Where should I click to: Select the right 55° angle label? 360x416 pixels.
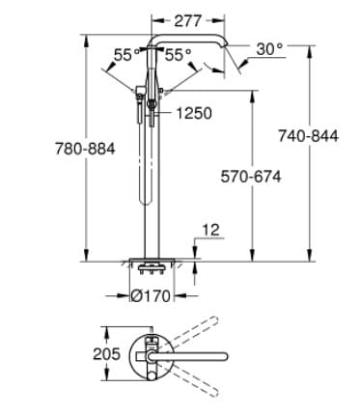click(x=179, y=55)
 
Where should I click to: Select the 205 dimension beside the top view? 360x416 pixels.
click(x=107, y=353)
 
